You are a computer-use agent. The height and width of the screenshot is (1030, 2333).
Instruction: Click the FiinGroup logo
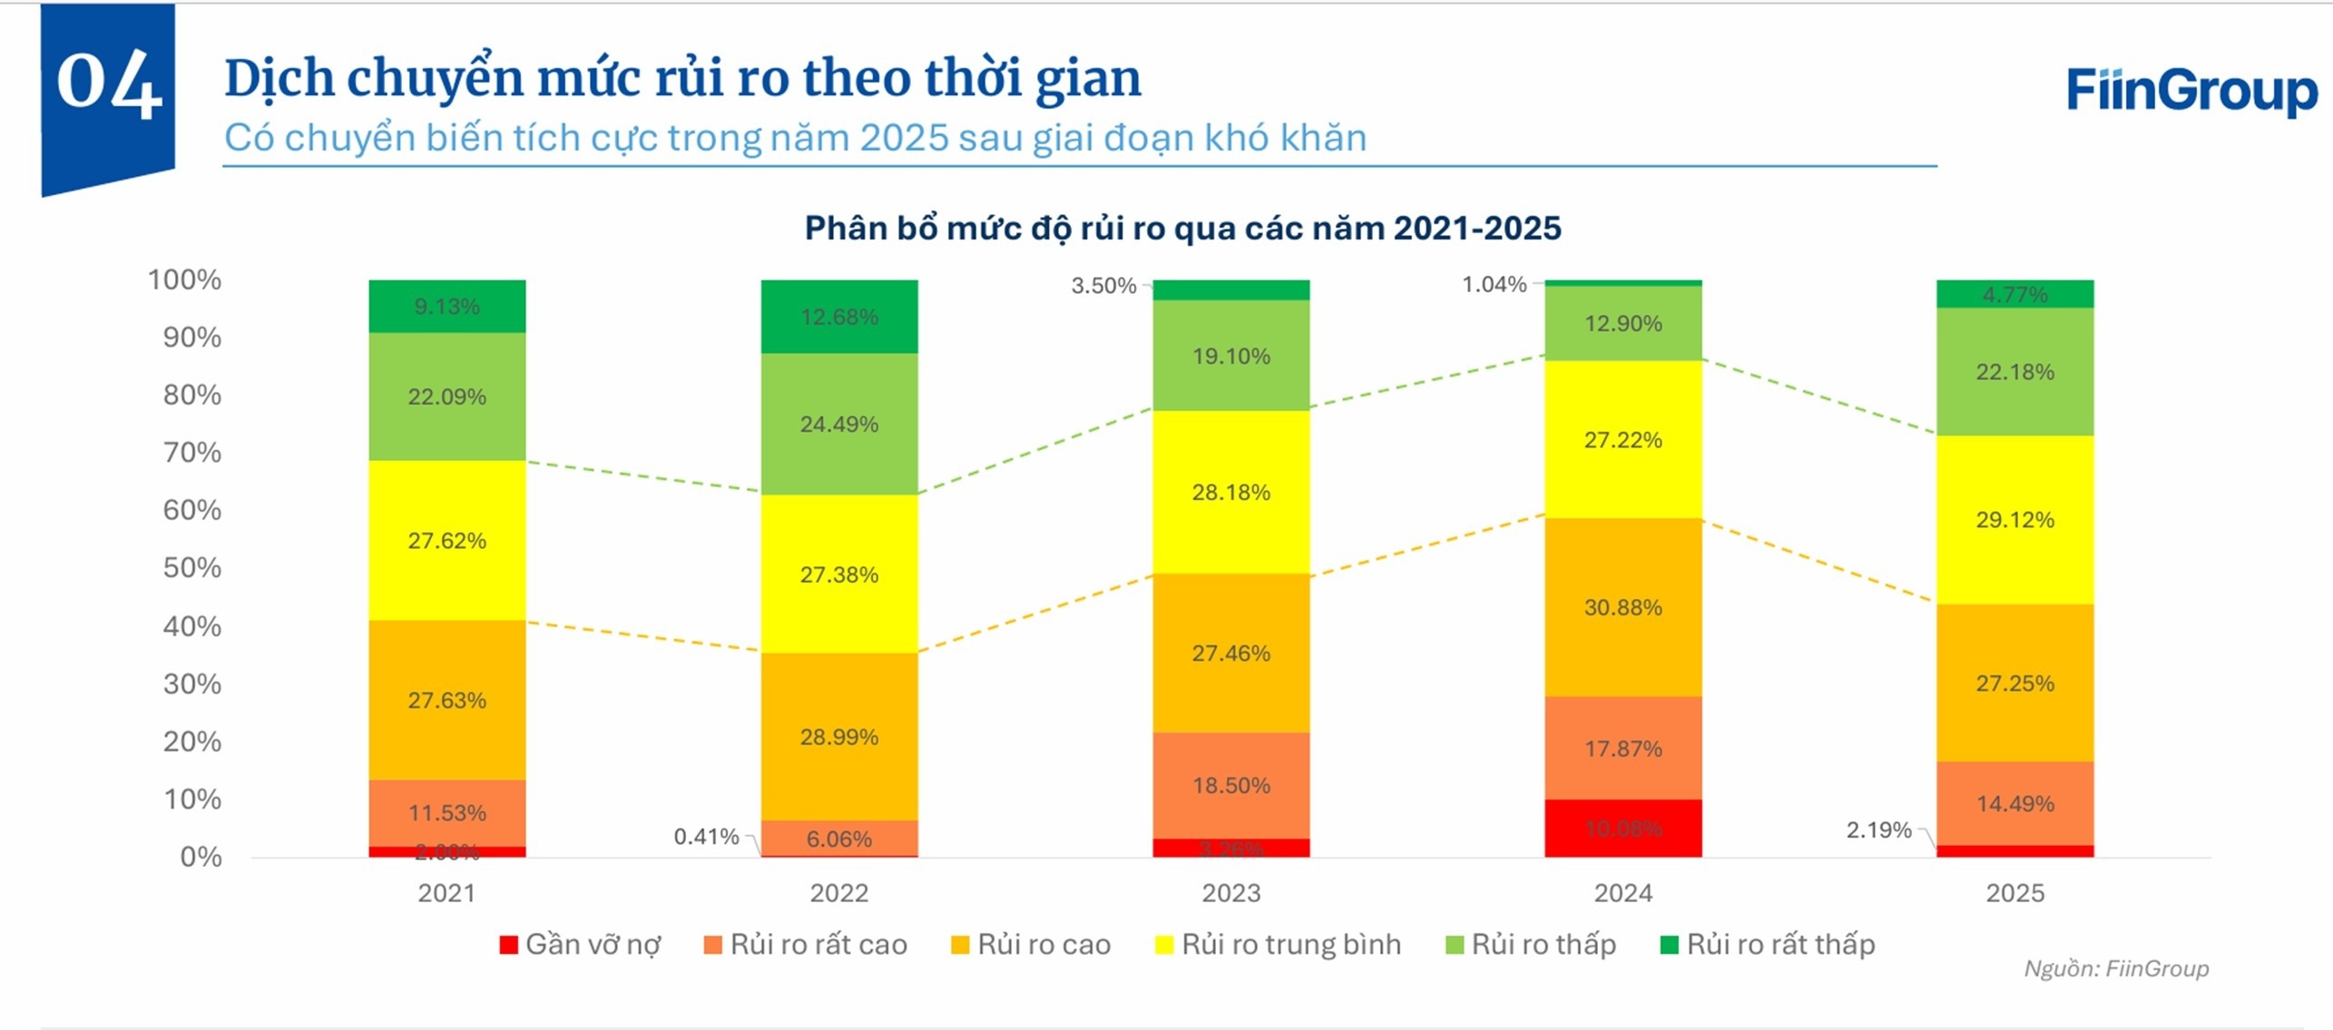point(2191,91)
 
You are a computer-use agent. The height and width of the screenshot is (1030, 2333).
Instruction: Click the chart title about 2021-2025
point(1182,228)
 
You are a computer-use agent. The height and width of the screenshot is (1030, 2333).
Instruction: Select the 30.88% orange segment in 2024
point(1622,607)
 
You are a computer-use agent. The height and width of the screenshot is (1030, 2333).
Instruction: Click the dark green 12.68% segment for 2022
point(838,317)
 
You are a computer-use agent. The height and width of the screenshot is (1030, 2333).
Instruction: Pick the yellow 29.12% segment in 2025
point(2014,520)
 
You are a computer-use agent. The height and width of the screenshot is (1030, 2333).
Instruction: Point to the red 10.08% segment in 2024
point(1622,828)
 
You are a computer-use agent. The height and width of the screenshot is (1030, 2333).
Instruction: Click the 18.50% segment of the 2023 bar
point(1230,785)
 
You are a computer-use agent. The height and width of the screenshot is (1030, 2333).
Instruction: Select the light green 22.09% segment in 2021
point(446,397)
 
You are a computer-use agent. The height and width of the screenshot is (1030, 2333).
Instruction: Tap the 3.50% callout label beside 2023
point(1103,286)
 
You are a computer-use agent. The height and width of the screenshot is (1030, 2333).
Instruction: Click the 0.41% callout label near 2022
point(705,837)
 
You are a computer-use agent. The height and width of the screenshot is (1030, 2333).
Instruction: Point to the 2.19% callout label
point(1877,830)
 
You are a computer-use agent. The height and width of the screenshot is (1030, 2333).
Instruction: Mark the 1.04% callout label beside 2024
point(1494,285)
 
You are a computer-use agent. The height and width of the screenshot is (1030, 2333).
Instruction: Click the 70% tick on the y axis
point(191,452)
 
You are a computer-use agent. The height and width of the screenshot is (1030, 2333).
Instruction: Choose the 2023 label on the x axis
point(1230,893)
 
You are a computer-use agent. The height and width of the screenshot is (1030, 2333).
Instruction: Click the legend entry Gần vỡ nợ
point(581,945)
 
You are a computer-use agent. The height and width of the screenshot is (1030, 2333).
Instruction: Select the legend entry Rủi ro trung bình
point(1278,945)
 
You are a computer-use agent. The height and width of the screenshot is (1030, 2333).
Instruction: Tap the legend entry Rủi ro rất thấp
point(1767,945)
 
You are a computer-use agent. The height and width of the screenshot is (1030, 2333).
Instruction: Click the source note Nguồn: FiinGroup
point(2115,968)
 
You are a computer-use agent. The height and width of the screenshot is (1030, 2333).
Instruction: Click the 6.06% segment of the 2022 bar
point(838,839)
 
